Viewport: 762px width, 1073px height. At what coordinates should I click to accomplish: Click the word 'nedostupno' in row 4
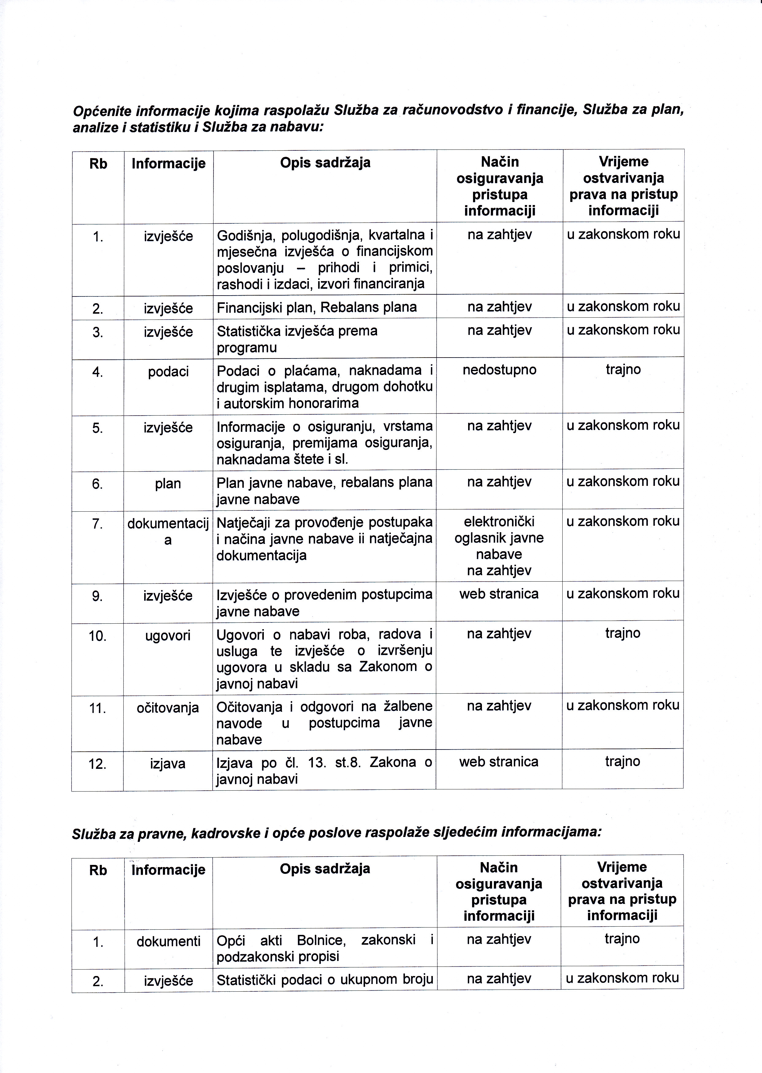[499, 370]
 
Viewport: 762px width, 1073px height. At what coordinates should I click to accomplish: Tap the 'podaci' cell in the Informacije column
[168, 372]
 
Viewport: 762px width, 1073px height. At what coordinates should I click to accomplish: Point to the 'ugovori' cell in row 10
[168, 636]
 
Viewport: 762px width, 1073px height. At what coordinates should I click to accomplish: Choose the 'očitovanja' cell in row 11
[168, 708]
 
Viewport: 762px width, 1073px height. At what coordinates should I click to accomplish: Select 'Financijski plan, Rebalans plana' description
[317, 308]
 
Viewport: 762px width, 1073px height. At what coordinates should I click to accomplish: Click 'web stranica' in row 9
[499, 594]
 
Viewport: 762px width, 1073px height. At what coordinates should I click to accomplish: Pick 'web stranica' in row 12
[499, 761]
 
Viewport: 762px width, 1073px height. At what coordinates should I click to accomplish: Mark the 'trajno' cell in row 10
[623, 633]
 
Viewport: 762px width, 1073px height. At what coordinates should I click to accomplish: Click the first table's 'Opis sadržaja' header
[325, 163]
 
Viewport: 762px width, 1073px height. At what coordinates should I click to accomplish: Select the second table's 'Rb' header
[98, 870]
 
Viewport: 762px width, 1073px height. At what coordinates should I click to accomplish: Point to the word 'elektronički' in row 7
[499, 521]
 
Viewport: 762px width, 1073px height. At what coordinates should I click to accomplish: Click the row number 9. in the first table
[98, 596]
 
